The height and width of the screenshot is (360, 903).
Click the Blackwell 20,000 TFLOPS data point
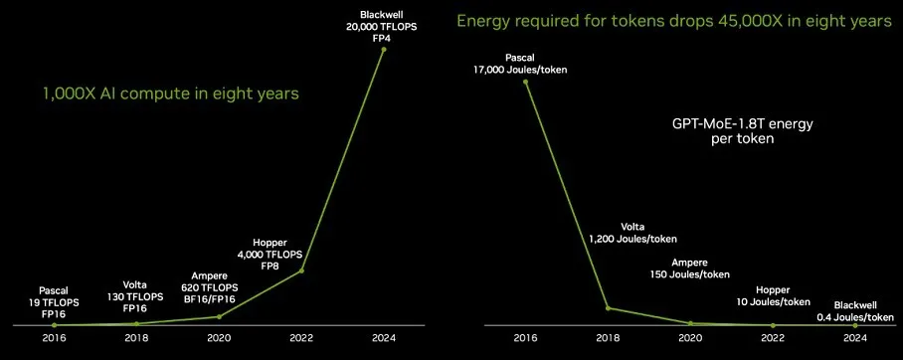[384, 50]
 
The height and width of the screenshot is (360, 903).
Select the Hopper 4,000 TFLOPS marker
[301, 270]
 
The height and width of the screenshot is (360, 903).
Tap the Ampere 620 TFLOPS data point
[219, 316]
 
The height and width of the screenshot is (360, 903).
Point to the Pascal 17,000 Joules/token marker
[526, 82]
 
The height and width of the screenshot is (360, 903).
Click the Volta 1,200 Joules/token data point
[609, 308]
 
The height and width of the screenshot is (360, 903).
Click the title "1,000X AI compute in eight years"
[171, 93]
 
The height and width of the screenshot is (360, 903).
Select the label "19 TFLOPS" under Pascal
[55, 302]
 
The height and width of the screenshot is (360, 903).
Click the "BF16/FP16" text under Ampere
[210, 297]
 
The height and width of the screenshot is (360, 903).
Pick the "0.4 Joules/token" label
[855, 317]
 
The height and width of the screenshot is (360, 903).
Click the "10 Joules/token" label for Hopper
[773, 302]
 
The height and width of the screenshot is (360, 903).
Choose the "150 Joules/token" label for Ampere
[690, 274]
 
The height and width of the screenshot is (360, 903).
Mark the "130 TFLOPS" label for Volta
[136, 297]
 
